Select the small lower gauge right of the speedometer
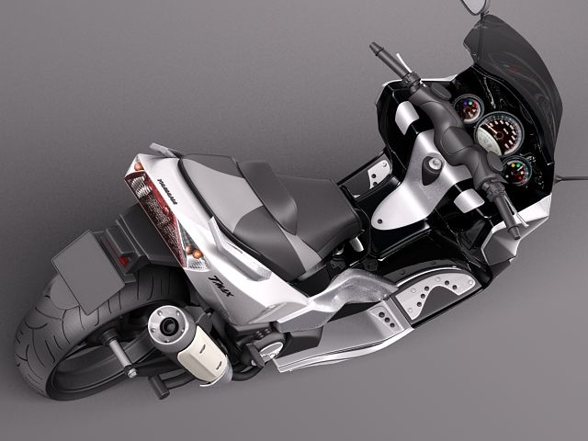[x=516, y=170]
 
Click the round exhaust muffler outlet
[x=168, y=325]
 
